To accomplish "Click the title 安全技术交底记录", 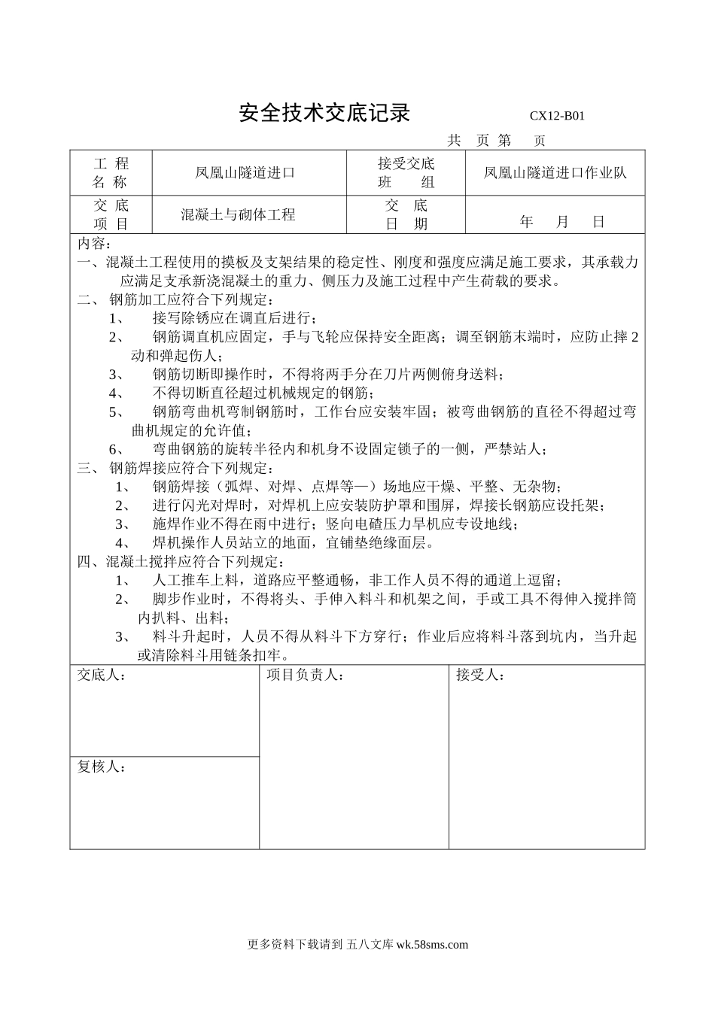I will (x=324, y=113).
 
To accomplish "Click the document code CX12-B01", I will (x=557, y=116).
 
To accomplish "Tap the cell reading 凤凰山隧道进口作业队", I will (x=555, y=173).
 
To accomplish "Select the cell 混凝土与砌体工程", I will (x=238, y=215).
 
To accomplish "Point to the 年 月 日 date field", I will (x=561, y=223).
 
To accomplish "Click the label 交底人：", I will (x=102, y=676).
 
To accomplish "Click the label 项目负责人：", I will (x=305, y=676).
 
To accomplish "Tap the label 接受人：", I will (x=480, y=676).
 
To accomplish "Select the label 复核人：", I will (x=102, y=767).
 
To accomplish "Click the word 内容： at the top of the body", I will (x=95, y=244).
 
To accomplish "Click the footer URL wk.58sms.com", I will (x=431, y=945).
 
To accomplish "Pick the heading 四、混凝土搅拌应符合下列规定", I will (x=181, y=562).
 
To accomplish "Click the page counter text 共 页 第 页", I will (x=496, y=141).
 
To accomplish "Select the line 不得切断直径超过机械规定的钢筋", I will (x=263, y=393).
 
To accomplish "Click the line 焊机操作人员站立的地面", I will (x=294, y=542).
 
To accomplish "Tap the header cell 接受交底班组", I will (x=406, y=173).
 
